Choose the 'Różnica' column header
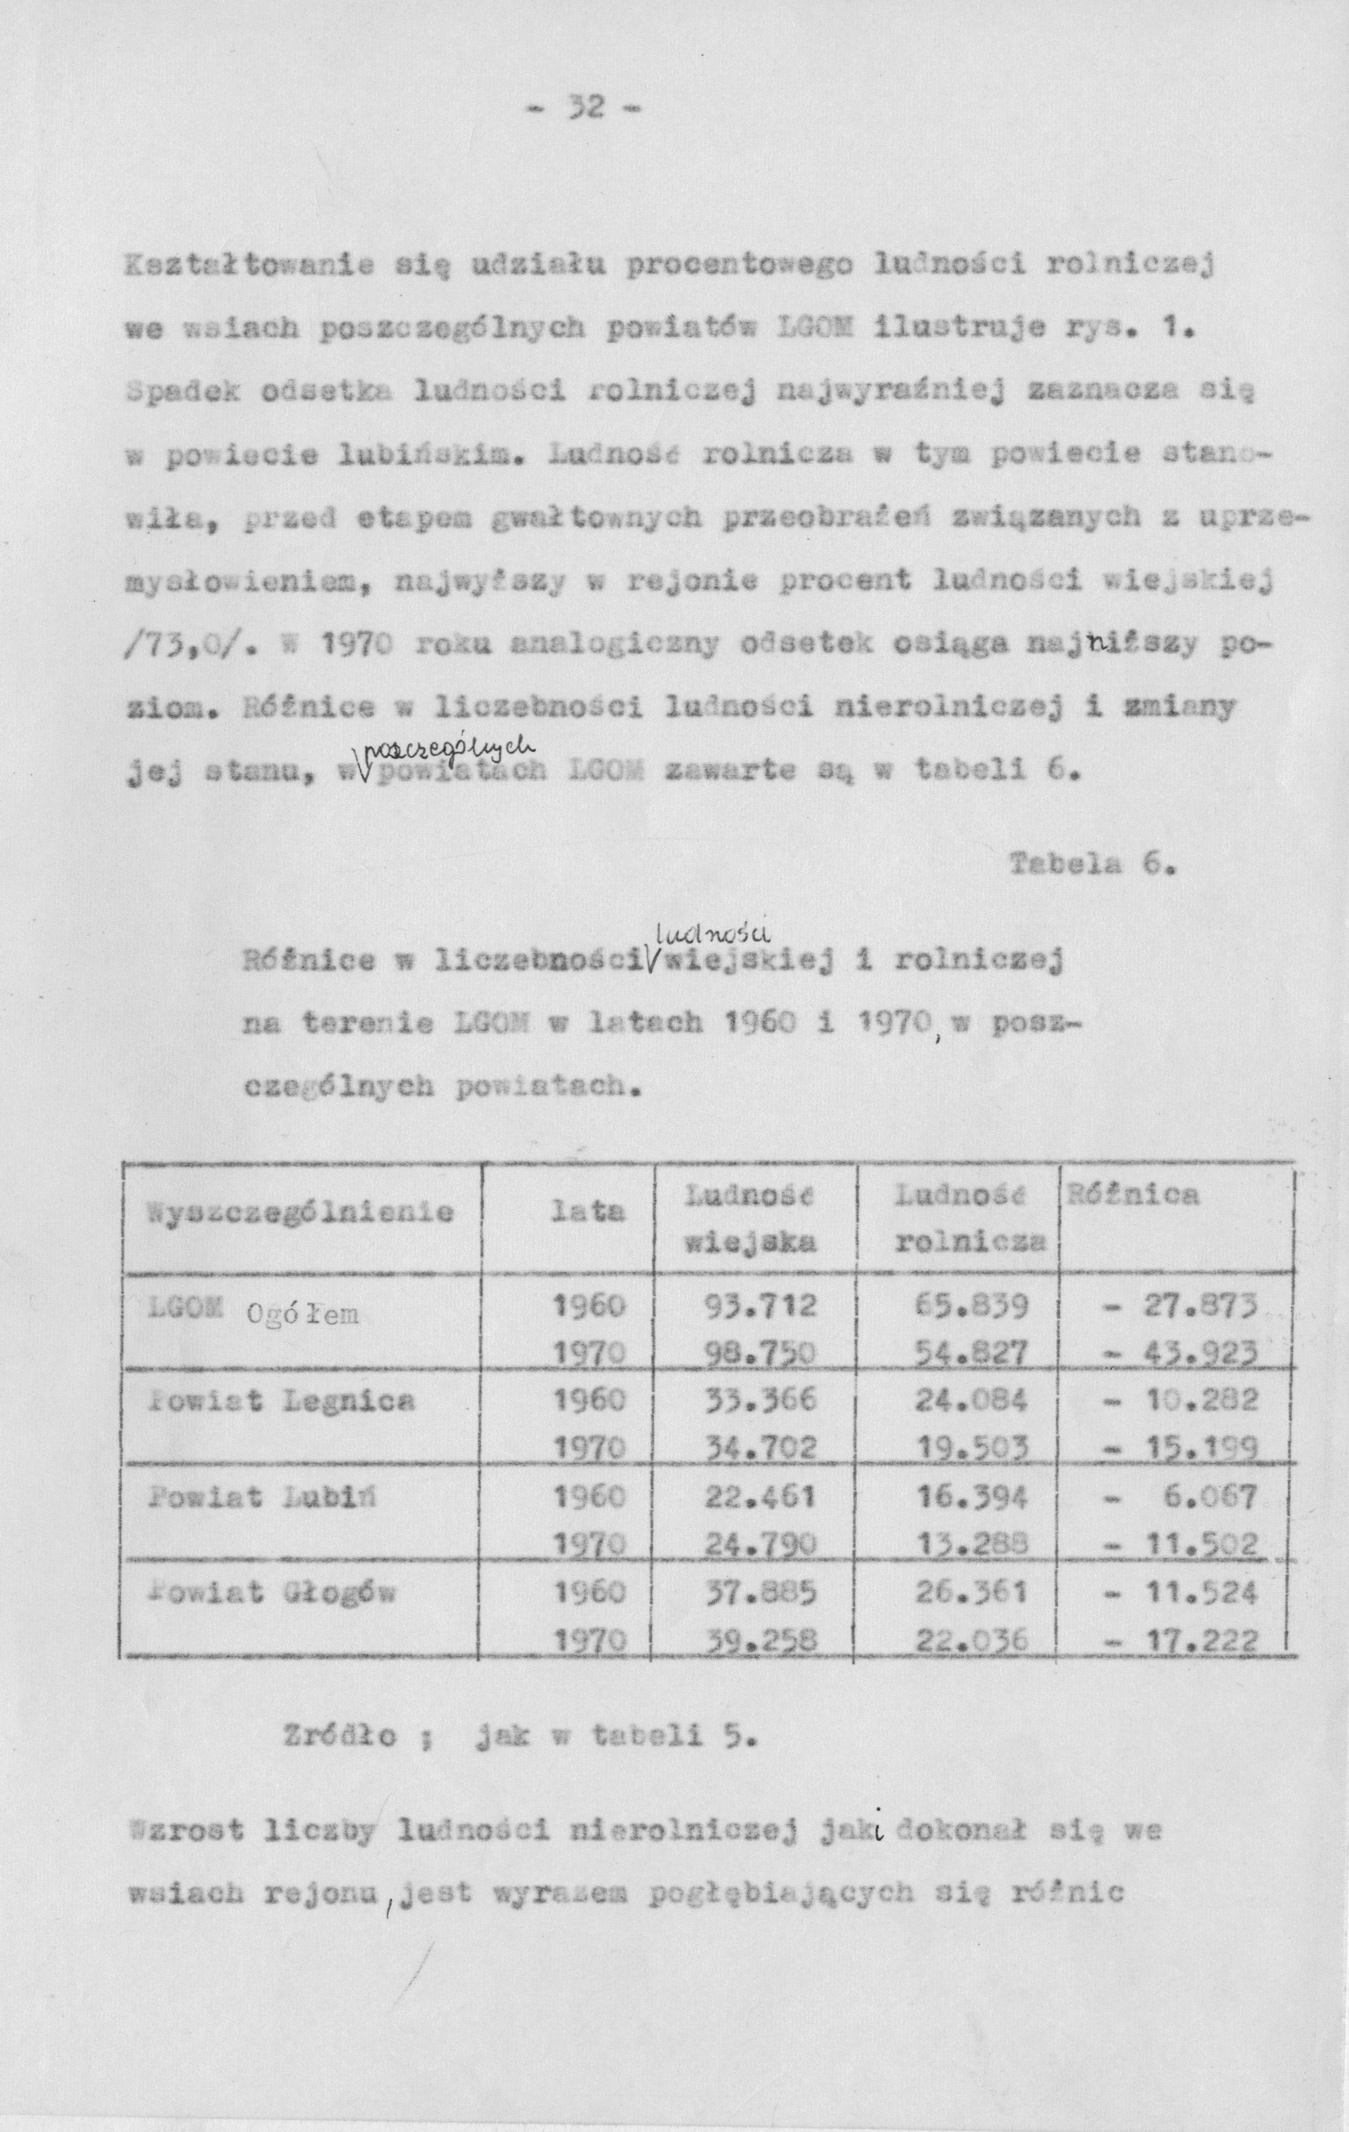pyautogui.click(x=1134, y=1196)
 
